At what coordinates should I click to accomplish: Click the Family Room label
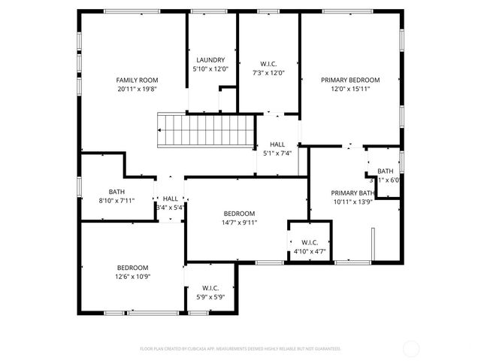tap(136, 80)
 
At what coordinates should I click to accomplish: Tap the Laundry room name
tap(211, 60)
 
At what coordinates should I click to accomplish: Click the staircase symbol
tap(206, 131)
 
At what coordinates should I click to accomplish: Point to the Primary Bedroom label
tap(350, 80)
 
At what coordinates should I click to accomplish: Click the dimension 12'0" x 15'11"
tap(350, 88)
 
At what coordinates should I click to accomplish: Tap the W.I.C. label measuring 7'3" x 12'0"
tap(269, 64)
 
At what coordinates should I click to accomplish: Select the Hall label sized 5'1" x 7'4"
tap(277, 144)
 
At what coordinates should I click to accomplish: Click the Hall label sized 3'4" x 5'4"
tap(171, 199)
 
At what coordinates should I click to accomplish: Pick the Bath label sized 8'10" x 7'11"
tap(116, 192)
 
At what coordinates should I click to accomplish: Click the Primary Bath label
tap(352, 193)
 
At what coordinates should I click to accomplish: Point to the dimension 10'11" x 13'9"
tap(352, 201)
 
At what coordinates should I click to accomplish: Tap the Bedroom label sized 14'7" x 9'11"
tap(238, 214)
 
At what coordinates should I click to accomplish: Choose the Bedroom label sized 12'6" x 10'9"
tap(132, 268)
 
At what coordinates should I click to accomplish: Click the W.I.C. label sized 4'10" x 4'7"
tap(310, 242)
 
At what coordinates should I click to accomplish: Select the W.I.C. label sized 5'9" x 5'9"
tap(210, 288)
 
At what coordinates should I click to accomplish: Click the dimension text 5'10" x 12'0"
tap(211, 68)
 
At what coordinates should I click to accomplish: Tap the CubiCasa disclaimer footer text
tap(240, 348)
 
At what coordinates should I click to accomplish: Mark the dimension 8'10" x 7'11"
tap(116, 200)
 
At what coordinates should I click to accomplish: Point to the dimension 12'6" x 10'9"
tap(132, 276)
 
